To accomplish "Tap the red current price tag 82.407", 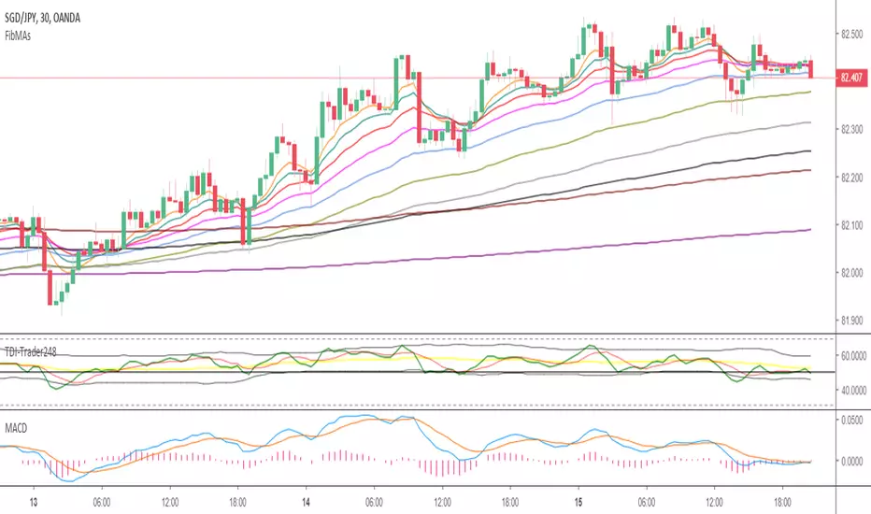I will point(851,78).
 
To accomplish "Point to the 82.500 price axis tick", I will point(851,35).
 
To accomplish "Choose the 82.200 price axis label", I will point(851,178).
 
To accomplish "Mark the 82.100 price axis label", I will point(851,225).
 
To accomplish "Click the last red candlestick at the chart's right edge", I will point(811,68).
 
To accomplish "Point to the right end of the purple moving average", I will point(808,230).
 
